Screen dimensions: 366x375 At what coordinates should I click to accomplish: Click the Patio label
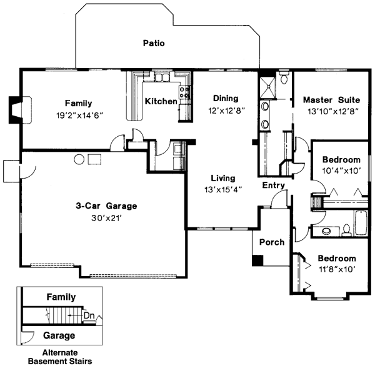point(153,44)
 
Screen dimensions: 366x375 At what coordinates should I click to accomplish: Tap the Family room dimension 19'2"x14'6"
point(79,115)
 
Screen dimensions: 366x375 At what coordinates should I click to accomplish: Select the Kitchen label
point(161,101)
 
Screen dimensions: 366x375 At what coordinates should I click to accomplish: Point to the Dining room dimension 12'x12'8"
point(226,110)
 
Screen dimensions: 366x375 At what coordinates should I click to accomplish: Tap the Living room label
point(223,177)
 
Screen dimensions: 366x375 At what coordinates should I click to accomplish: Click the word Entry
point(273,185)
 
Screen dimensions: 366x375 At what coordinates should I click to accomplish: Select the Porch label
point(271,242)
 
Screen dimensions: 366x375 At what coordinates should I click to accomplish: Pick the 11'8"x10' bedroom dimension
point(337,270)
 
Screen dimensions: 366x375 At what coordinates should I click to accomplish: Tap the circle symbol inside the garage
point(79,159)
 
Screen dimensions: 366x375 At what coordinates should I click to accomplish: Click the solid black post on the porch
point(257,260)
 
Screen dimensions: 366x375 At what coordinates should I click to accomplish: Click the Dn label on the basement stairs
point(89,315)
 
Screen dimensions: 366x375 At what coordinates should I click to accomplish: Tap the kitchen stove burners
point(186,94)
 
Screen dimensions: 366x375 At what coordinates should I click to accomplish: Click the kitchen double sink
point(162,78)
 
